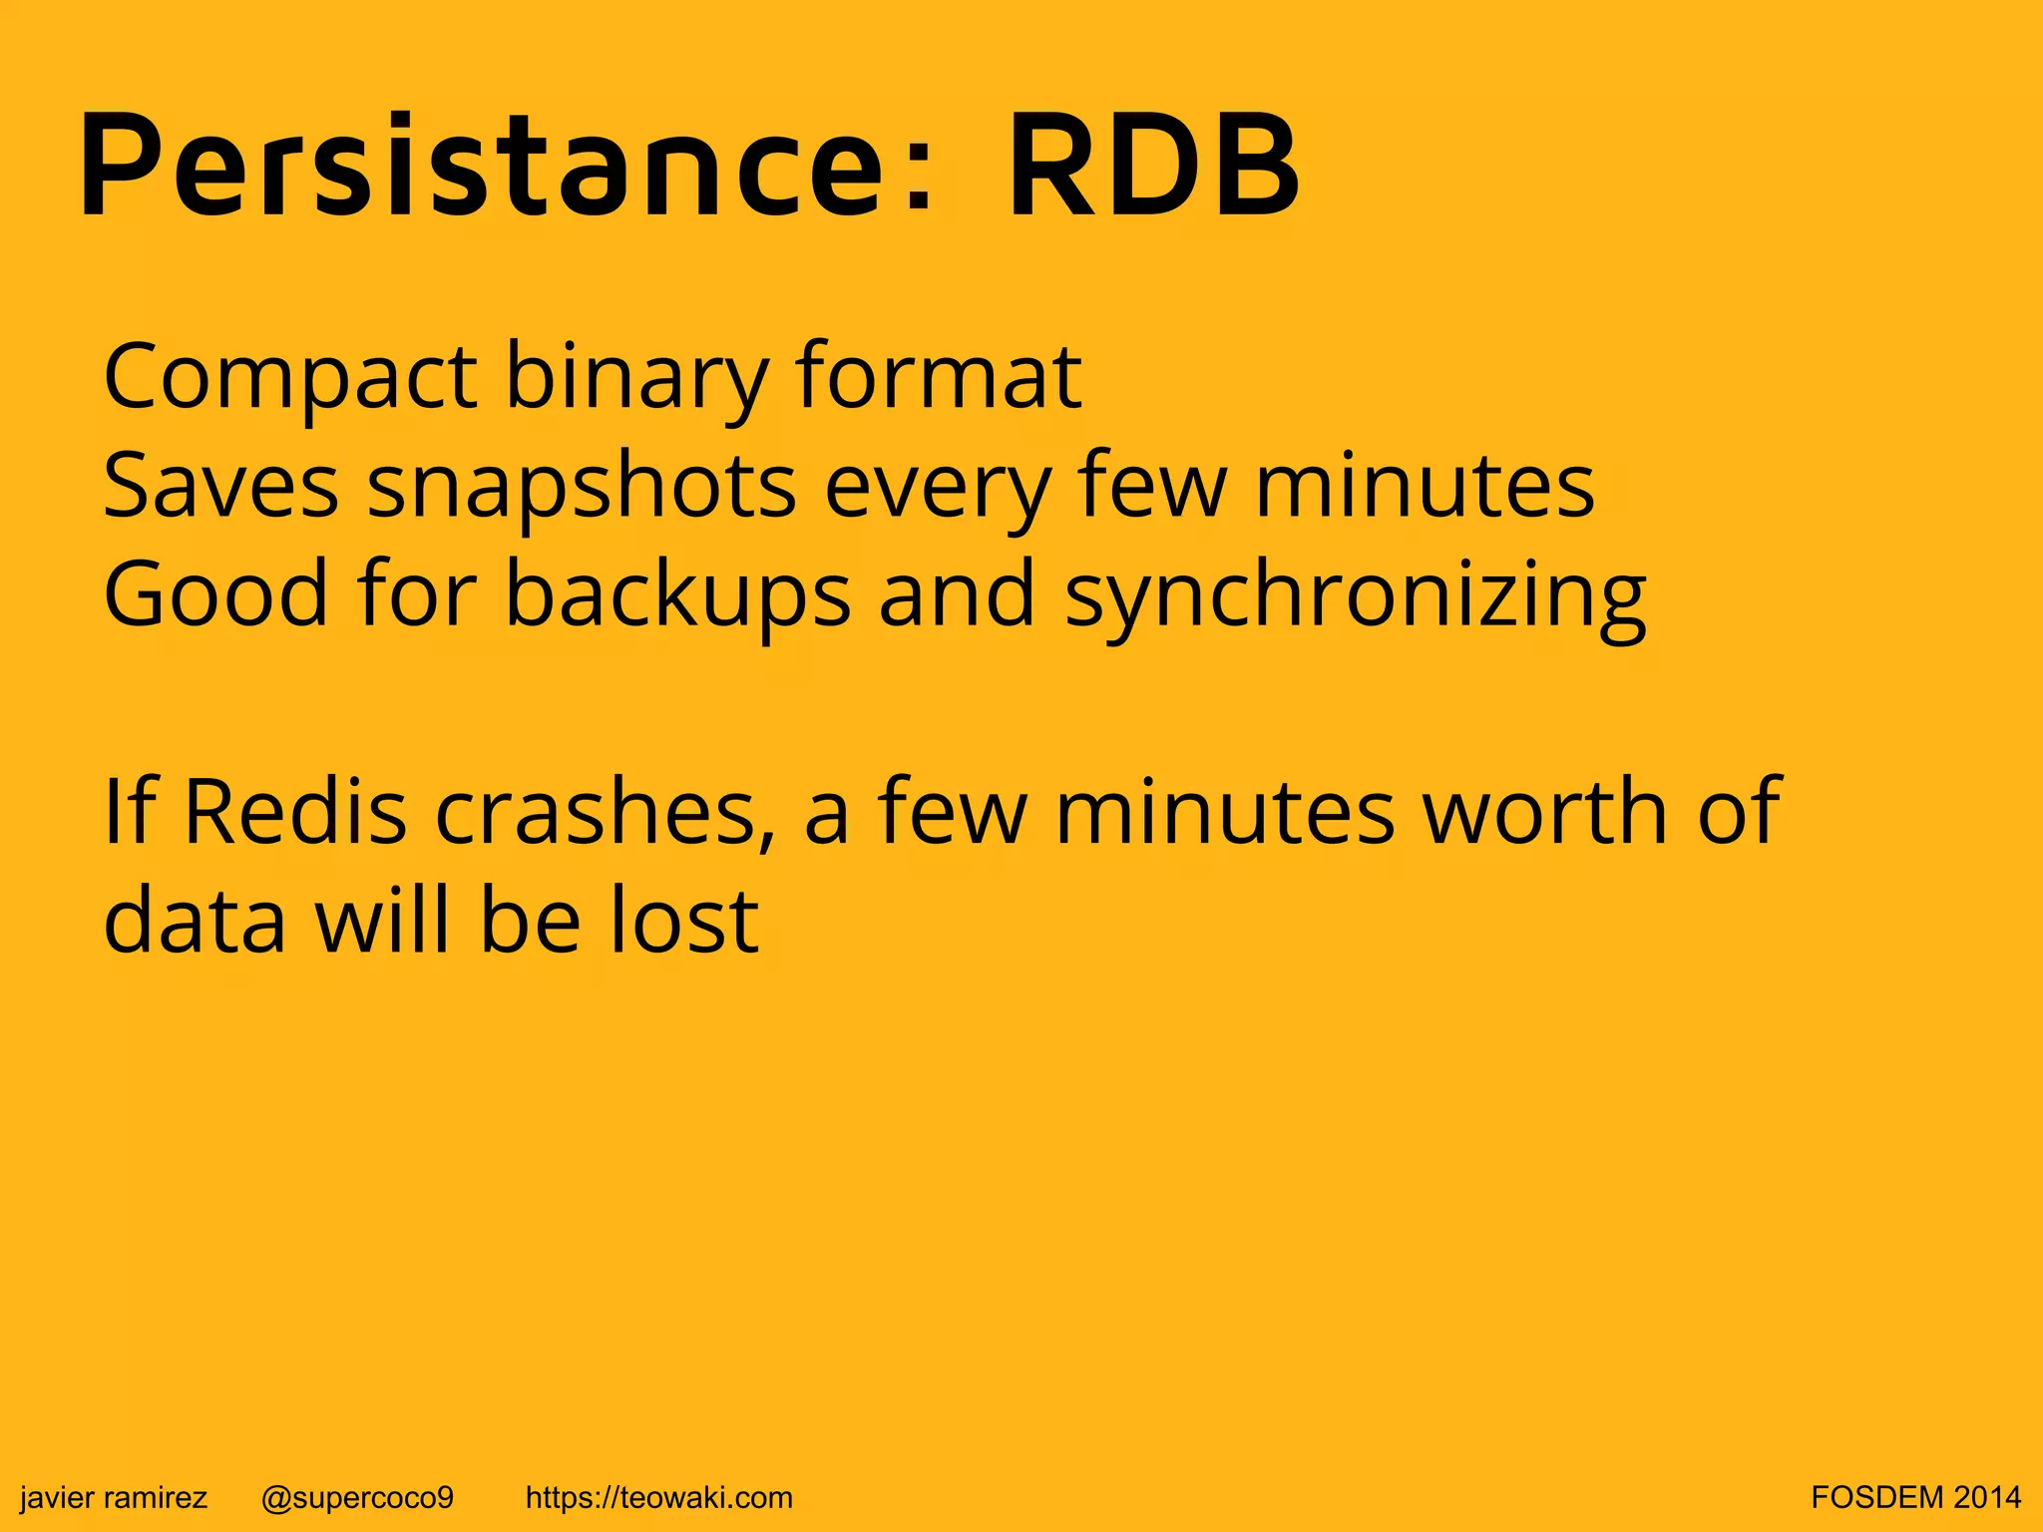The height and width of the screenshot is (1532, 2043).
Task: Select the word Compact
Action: [x=290, y=379]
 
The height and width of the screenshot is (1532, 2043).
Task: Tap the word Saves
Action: [x=220, y=486]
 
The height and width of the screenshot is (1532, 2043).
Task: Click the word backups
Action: [x=677, y=595]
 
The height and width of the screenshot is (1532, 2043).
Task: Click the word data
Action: [x=196, y=920]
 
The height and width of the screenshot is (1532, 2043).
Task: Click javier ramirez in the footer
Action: [x=114, y=1497]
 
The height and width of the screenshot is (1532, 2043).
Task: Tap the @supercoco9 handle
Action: [x=357, y=1497]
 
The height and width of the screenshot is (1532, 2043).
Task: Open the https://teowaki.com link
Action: [x=658, y=1497]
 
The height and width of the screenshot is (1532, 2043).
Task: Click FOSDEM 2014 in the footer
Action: [x=1915, y=1497]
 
